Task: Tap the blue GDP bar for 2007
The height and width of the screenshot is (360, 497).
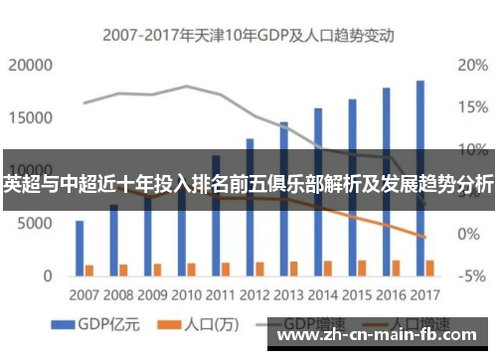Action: [x=80, y=247]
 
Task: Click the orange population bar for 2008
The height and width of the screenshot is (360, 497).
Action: [x=123, y=269]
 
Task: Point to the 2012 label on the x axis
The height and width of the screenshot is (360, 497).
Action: [x=254, y=294]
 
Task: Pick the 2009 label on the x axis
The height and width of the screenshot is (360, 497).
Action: [x=152, y=294]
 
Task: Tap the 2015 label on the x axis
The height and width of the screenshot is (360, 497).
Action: [x=357, y=294]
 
